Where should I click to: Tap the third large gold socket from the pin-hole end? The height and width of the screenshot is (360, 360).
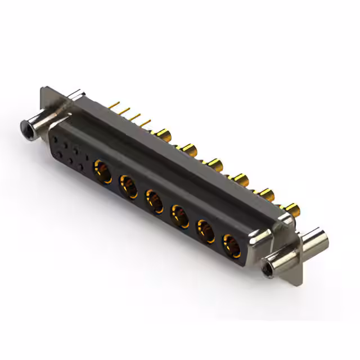click(155, 200)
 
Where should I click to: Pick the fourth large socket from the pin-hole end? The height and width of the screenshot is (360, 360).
click(180, 215)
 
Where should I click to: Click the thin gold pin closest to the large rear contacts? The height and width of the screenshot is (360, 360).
click(147, 122)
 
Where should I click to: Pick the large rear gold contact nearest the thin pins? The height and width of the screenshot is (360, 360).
click(164, 134)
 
